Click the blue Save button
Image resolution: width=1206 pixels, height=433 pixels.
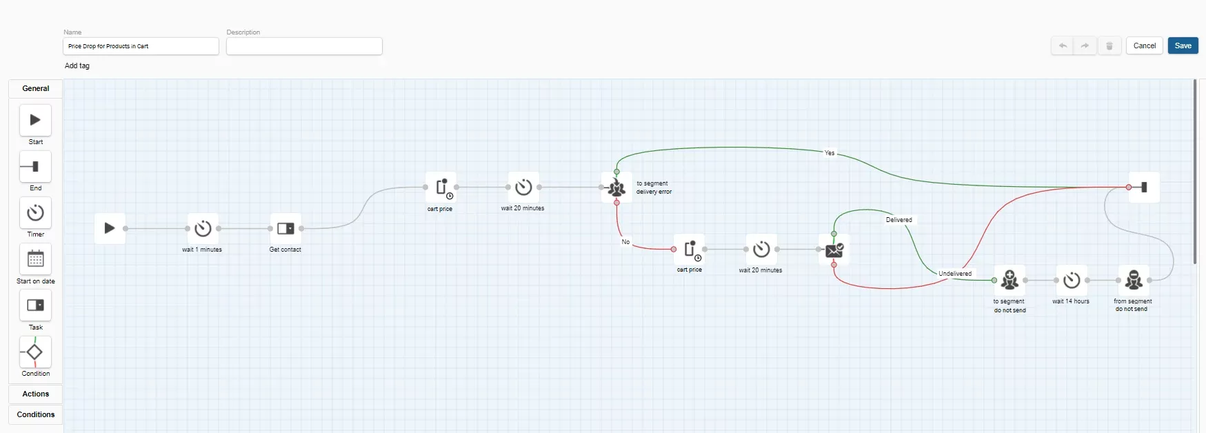pyautogui.click(x=1183, y=46)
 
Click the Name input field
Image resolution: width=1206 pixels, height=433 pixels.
pyautogui.click(x=141, y=46)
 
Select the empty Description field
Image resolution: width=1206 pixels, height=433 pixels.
pyautogui.click(x=304, y=46)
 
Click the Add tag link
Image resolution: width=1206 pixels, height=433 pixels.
pyautogui.click(x=77, y=66)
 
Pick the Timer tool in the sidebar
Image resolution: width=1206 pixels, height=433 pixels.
pyautogui.click(x=35, y=213)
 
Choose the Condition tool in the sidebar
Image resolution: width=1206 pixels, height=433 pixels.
pyautogui.click(x=35, y=352)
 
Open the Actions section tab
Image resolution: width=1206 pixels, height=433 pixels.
pyautogui.click(x=36, y=394)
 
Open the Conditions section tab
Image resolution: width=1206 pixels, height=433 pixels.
pyautogui.click(x=36, y=414)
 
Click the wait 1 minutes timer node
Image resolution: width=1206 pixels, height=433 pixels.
pyautogui.click(x=203, y=228)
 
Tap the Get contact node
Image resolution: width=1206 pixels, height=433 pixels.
pyautogui.click(x=285, y=228)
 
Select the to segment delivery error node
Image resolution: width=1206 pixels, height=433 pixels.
pyautogui.click(x=616, y=188)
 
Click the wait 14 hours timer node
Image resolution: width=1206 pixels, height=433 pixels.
pyautogui.click(x=1072, y=280)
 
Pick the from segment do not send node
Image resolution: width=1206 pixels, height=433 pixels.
pyautogui.click(x=1134, y=280)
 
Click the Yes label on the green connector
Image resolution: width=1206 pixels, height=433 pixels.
pyautogui.click(x=830, y=153)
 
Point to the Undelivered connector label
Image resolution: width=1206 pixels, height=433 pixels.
pyautogui.click(x=955, y=274)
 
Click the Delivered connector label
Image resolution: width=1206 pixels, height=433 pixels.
pyautogui.click(x=898, y=220)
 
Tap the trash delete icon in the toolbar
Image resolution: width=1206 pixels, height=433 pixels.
pyautogui.click(x=1109, y=46)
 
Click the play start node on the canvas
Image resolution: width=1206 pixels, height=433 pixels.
pyautogui.click(x=110, y=228)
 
